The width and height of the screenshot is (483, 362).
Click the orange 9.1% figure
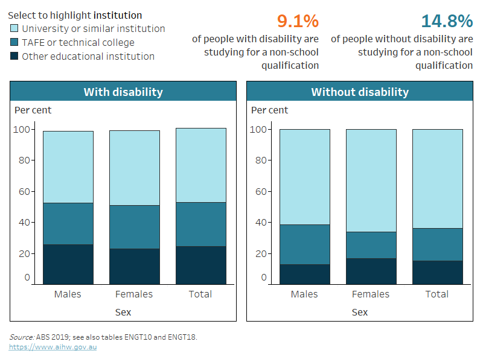tap(298, 21)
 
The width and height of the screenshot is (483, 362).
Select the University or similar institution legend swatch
tap(14, 28)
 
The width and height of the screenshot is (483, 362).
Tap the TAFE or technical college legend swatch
tap(14, 42)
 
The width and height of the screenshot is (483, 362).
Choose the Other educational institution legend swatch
tap(14, 56)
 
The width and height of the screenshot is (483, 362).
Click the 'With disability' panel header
tap(123, 92)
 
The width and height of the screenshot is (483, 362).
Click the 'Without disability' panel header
tap(360, 92)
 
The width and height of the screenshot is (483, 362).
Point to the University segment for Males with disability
tap(68, 167)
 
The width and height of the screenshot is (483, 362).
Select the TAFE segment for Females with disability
tap(134, 227)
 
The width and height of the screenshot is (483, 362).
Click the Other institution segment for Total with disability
tap(200, 265)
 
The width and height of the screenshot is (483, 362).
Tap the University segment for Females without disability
tap(371, 180)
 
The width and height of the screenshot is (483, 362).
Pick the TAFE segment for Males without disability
tap(304, 244)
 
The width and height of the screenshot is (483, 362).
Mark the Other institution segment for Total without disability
tap(437, 272)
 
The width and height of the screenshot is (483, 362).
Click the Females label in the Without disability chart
tap(371, 294)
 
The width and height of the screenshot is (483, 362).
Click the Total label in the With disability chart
tap(200, 294)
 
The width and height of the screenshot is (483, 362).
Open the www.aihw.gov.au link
tap(53, 347)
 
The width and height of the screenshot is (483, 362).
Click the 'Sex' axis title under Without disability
tap(360, 312)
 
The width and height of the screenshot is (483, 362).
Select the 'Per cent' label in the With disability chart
tap(33, 110)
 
